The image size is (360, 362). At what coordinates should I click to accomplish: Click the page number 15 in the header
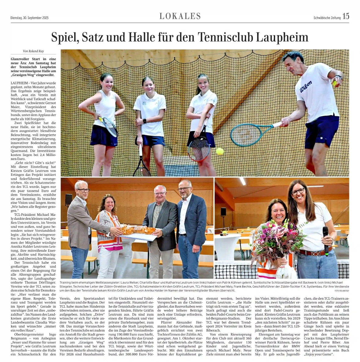(x=346, y=16)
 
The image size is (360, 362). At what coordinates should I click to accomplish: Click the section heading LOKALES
(x=180, y=16)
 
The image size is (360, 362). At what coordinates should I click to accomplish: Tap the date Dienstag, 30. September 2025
(x=30, y=18)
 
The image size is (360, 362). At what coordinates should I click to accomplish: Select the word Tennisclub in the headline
(x=226, y=37)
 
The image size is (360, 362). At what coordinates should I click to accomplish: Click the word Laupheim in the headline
(x=282, y=37)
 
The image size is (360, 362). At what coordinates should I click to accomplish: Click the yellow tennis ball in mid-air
(x=220, y=151)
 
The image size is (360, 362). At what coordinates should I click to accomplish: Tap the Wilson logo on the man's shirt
(x=306, y=86)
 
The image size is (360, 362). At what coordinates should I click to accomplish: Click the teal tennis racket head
(x=246, y=135)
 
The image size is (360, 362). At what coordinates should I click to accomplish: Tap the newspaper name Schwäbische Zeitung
(x=327, y=18)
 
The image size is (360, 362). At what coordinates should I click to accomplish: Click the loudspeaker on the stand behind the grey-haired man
(x=69, y=199)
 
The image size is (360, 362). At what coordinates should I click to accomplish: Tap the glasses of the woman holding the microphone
(x=298, y=192)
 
